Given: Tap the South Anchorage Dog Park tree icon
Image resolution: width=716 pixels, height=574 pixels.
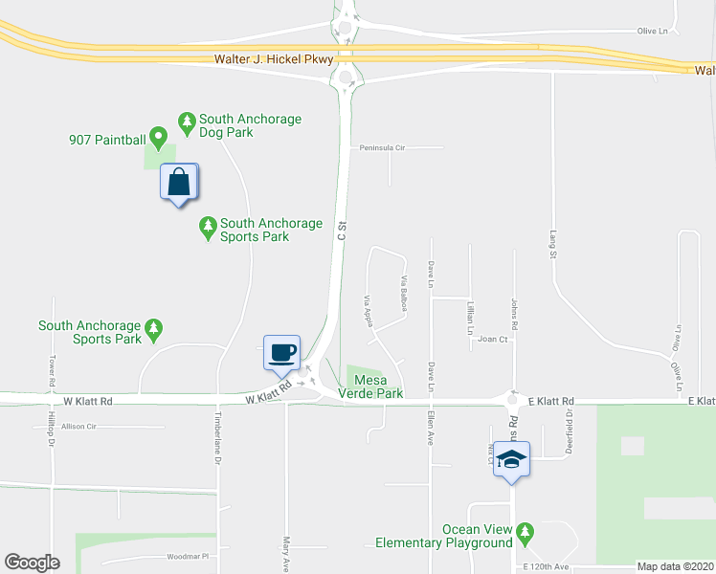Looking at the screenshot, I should (187, 121).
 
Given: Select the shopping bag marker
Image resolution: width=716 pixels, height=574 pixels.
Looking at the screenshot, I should (179, 182).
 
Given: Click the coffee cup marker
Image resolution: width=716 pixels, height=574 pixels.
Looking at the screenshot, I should (282, 352).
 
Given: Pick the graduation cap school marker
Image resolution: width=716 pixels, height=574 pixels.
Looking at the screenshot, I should (512, 460).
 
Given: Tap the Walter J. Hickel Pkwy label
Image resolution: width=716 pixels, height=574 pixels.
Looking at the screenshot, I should (274, 59).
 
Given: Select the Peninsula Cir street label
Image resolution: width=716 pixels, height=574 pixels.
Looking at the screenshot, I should (383, 148).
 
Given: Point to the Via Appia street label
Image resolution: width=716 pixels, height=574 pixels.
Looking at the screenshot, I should (368, 310).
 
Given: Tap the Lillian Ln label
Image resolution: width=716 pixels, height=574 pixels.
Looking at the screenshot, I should (470, 318).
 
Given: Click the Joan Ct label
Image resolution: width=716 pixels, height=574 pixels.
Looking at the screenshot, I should (492, 339).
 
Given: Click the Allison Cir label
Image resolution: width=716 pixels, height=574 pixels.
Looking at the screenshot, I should (79, 427).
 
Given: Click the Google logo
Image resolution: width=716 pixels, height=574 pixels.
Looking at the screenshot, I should (32, 563).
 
